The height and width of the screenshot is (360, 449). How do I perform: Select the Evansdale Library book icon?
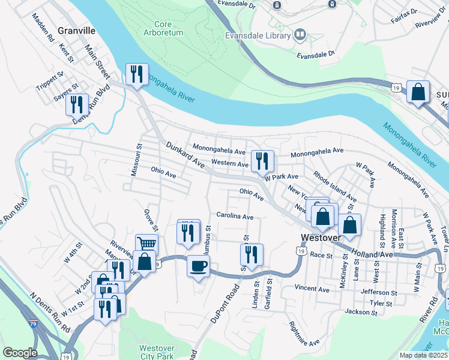click(x=300, y=35)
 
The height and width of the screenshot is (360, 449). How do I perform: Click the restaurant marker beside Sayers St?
click(x=77, y=104)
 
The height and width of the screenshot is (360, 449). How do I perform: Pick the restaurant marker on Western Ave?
click(x=262, y=160)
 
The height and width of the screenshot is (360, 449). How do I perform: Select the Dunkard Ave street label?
click(x=185, y=154)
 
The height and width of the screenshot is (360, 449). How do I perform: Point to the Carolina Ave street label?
click(x=235, y=216)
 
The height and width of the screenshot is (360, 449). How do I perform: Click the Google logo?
click(x=20, y=353)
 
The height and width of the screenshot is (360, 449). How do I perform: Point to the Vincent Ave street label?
click(x=312, y=289)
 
